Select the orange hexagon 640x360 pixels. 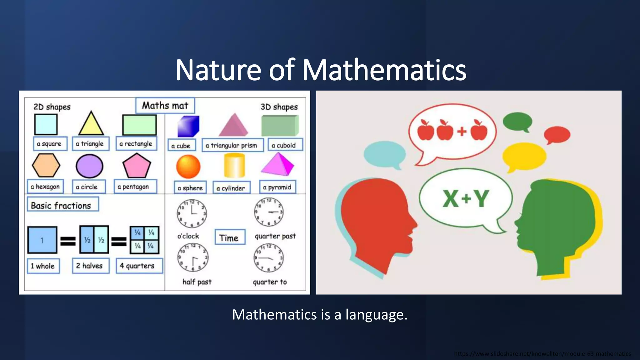[46, 165]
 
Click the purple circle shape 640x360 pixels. [89, 166]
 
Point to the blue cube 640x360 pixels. [188, 126]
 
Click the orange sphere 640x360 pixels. [188, 167]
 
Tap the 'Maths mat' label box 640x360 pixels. [165, 106]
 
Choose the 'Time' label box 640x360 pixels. [230, 238]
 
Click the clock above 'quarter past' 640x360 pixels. [269, 212]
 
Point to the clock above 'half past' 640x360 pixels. [193, 257]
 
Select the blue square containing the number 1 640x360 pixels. [42, 240]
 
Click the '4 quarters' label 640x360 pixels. [139, 266]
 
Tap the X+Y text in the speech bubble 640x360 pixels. [466, 199]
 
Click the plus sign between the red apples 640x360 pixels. [462, 131]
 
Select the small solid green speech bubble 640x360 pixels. [517, 121]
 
